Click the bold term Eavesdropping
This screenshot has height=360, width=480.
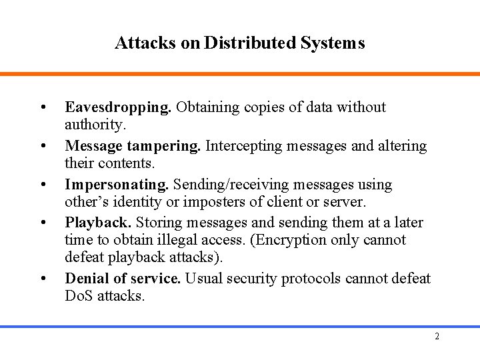click(118, 108)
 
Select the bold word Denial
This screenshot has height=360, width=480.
click(87, 279)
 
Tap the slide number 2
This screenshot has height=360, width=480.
click(437, 336)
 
